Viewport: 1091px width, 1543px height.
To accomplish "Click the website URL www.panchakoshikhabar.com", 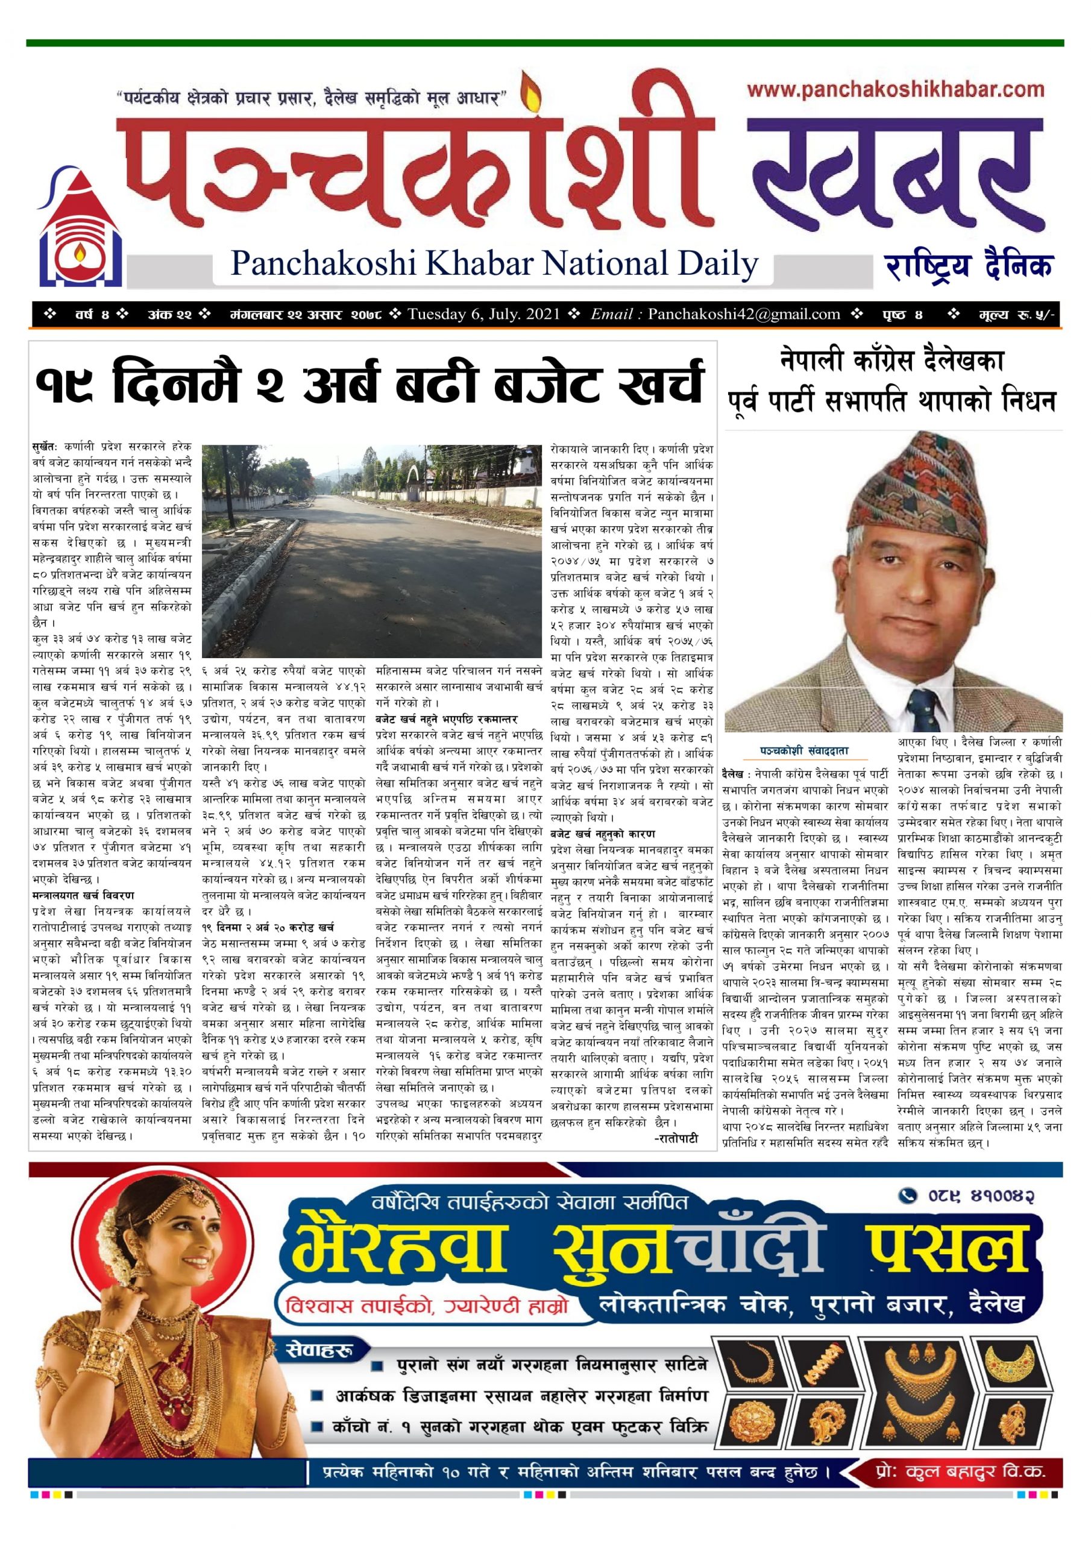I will (895, 90).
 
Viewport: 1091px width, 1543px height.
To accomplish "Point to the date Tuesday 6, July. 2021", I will (483, 314).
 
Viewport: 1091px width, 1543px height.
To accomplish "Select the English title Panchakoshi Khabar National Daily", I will (494, 263).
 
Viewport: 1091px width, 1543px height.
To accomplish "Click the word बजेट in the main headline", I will (543, 382).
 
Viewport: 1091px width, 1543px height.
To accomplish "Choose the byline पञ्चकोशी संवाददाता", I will (804, 750).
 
